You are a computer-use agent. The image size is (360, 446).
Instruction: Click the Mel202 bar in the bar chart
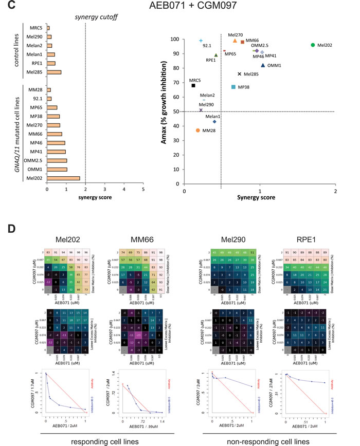click(x=63, y=178)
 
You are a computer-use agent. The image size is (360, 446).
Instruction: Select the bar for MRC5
click(x=48, y=28)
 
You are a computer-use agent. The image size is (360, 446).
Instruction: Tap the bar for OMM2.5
click(x=57, y=160)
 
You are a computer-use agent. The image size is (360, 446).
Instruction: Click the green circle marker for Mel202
click(x=313, y=45)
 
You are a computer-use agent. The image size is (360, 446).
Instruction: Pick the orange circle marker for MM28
click(x=198, y=131)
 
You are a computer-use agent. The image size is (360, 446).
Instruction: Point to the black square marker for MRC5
click(x=193, y=85)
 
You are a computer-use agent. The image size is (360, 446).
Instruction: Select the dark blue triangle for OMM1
click(x=263, y=65)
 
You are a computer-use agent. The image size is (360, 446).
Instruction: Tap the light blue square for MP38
click(x=233, y=87)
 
